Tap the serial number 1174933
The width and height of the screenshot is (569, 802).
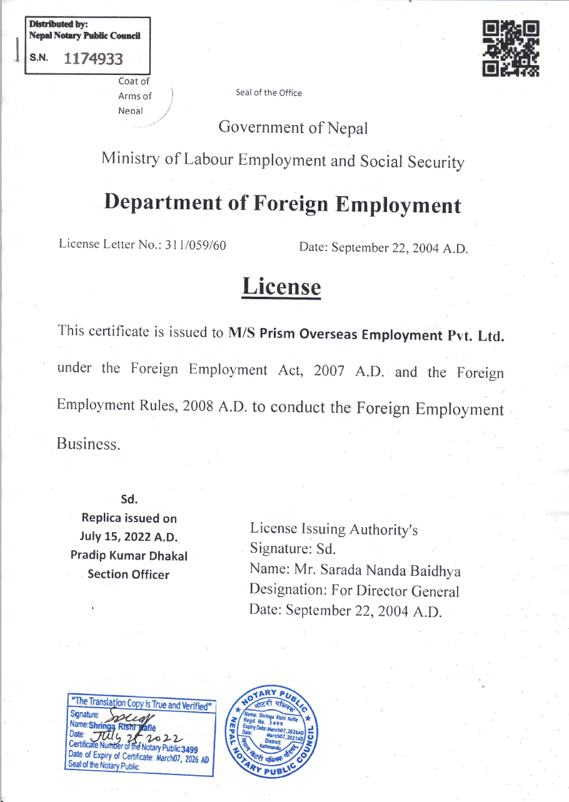[93, 59]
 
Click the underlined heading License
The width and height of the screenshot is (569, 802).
[281, 287]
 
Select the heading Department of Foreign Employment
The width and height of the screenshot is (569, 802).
[283, 204]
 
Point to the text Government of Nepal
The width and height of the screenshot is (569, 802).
[293, 128]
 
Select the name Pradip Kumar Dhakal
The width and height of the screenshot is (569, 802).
[129, 555]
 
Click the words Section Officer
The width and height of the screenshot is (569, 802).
[128, 575]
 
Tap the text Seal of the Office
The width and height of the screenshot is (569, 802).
[269, 93]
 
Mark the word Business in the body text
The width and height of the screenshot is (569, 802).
[88, 444]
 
